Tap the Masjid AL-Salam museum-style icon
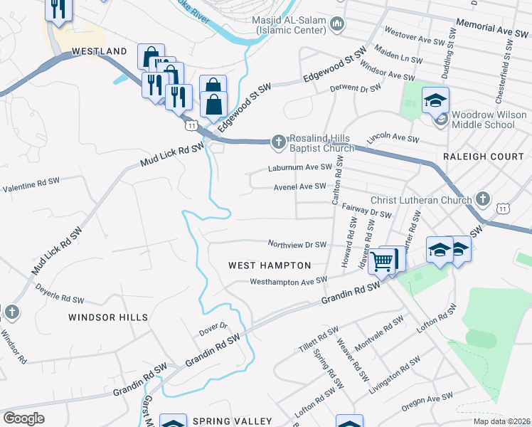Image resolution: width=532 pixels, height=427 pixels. [338, 25]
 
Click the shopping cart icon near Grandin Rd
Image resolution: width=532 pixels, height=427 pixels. [383, 262]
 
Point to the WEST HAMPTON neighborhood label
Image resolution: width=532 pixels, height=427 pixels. [270, 265]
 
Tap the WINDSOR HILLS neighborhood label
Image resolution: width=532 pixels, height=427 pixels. [108, 317]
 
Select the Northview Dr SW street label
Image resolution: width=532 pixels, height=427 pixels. [297, 244]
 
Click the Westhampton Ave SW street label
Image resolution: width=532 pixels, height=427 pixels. [288, 281]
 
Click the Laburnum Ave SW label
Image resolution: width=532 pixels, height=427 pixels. [300, 168]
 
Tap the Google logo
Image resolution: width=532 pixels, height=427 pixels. [23, 418]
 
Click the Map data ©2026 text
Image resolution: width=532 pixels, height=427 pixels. [501, 421]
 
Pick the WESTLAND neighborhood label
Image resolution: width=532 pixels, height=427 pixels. [99, 51]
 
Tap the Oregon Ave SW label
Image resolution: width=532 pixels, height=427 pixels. [427, 402]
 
